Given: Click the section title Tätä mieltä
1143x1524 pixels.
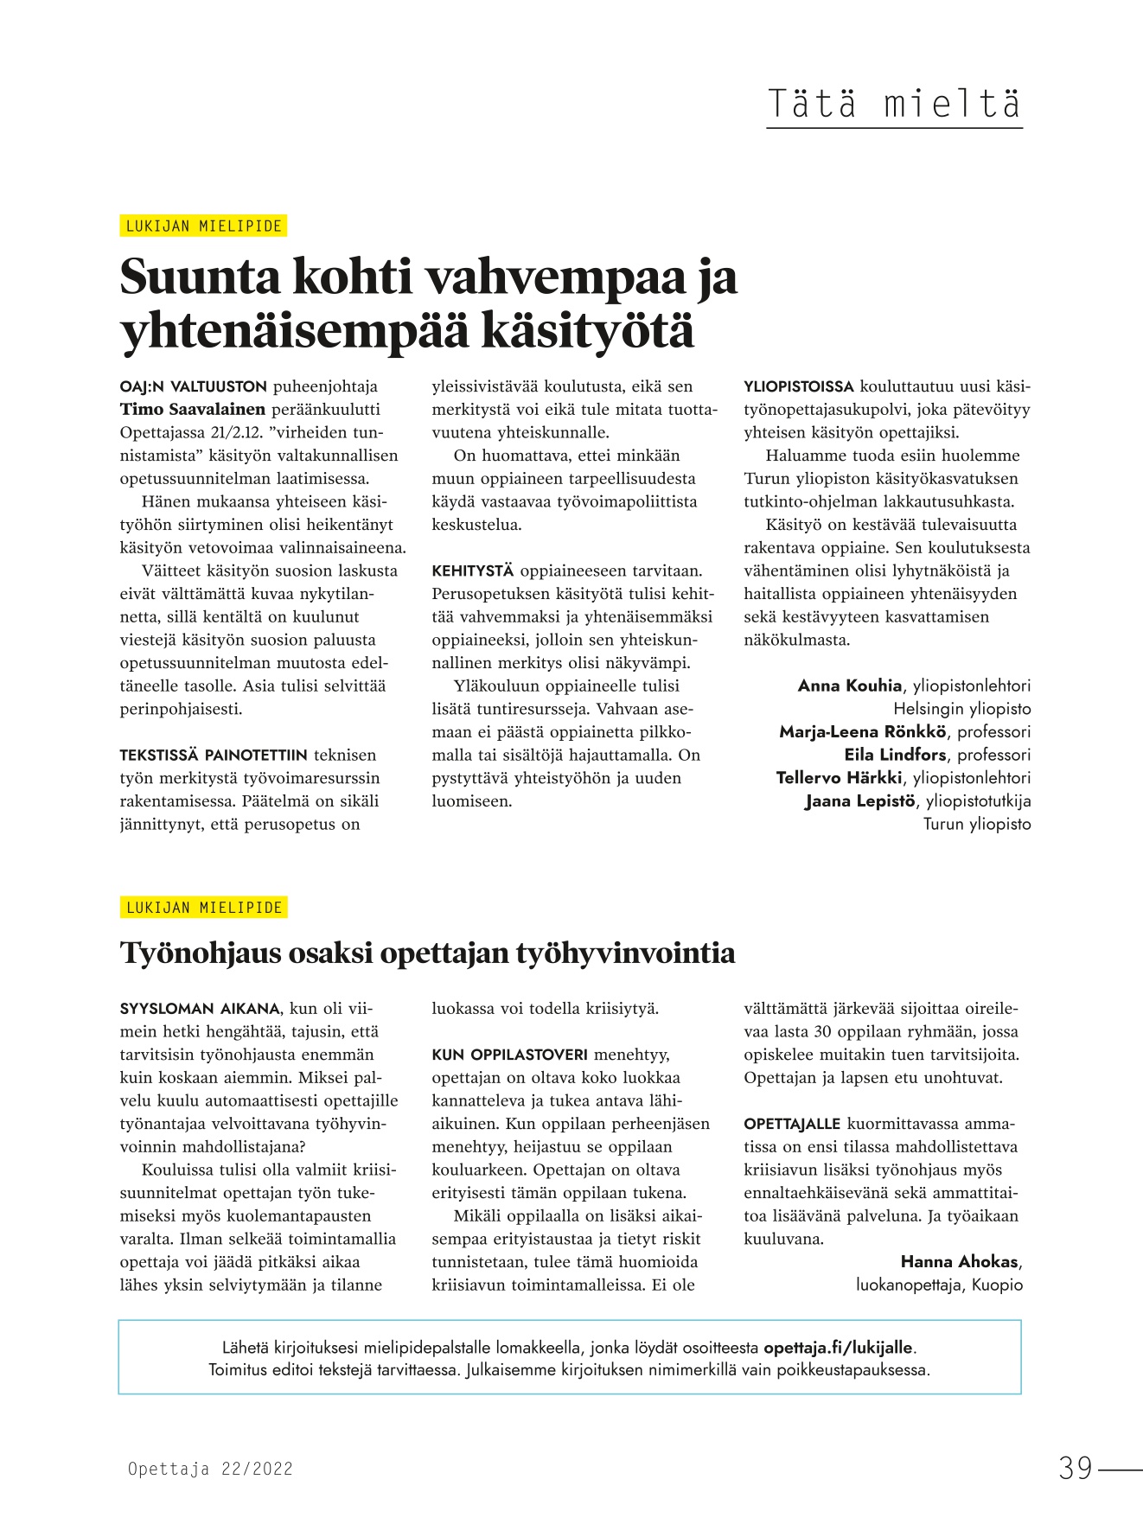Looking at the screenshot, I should pyautogui.click(x=894, y=104).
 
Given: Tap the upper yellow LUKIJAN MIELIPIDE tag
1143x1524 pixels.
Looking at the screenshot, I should pyautogui.click(x=204, y=226).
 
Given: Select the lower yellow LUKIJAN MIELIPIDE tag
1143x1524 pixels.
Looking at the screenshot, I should pyautogui.click(x=204, y=908).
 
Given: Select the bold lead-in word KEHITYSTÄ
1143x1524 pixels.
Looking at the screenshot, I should pyautogui.click(x=473, y=571).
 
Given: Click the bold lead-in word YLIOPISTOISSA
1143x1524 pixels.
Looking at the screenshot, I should pyautogui.click(x=799, y=386).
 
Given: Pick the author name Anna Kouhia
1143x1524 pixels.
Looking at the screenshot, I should pyautogui.click(x=849, y=685).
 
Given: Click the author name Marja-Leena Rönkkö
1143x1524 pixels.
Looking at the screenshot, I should pyautogui.click(x=862, y=732).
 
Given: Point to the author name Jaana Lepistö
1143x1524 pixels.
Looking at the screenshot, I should pyautogui.click(x=859, y=801).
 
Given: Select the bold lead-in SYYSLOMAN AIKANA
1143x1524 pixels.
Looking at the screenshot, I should pyautogui.click(x=200, y=1009).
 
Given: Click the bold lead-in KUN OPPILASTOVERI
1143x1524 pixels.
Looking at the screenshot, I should pyautogui.click(x=509, y=1055).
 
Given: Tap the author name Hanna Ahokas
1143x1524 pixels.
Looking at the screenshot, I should pyautogui.click(x=959, y=1262).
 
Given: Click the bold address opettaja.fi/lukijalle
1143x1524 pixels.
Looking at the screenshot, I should pyautogui.click(x=838, y=1348).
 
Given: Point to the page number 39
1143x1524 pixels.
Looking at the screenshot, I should pyautogui.click(x=1076, y=1469).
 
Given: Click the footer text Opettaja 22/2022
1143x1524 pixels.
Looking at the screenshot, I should pyautogui.click(x=210, y=1469).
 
